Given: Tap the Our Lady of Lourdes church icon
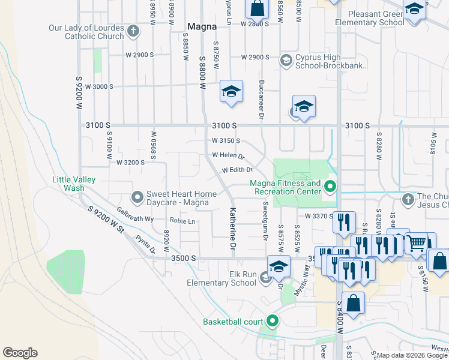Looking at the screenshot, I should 133,30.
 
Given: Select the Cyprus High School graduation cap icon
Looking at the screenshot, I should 286,60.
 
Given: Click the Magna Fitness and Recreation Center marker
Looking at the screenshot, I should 330,186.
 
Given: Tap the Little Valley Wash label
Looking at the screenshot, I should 77,183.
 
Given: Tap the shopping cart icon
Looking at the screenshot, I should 417,243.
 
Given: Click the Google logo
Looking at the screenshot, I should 20,353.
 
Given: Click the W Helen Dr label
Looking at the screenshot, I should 228,155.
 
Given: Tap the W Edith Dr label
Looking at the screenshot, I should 237,170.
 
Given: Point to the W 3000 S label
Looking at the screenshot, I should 99,86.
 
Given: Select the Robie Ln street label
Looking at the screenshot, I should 182,221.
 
